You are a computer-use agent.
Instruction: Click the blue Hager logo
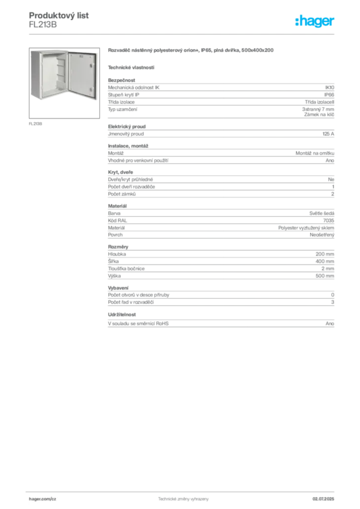pos(315,22)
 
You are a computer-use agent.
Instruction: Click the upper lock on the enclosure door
pos(91,65)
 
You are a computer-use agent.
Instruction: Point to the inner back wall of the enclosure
pos(51,75)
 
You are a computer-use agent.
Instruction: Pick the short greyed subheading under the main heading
pos(131,67)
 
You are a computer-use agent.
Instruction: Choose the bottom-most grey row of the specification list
pos(221,327)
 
